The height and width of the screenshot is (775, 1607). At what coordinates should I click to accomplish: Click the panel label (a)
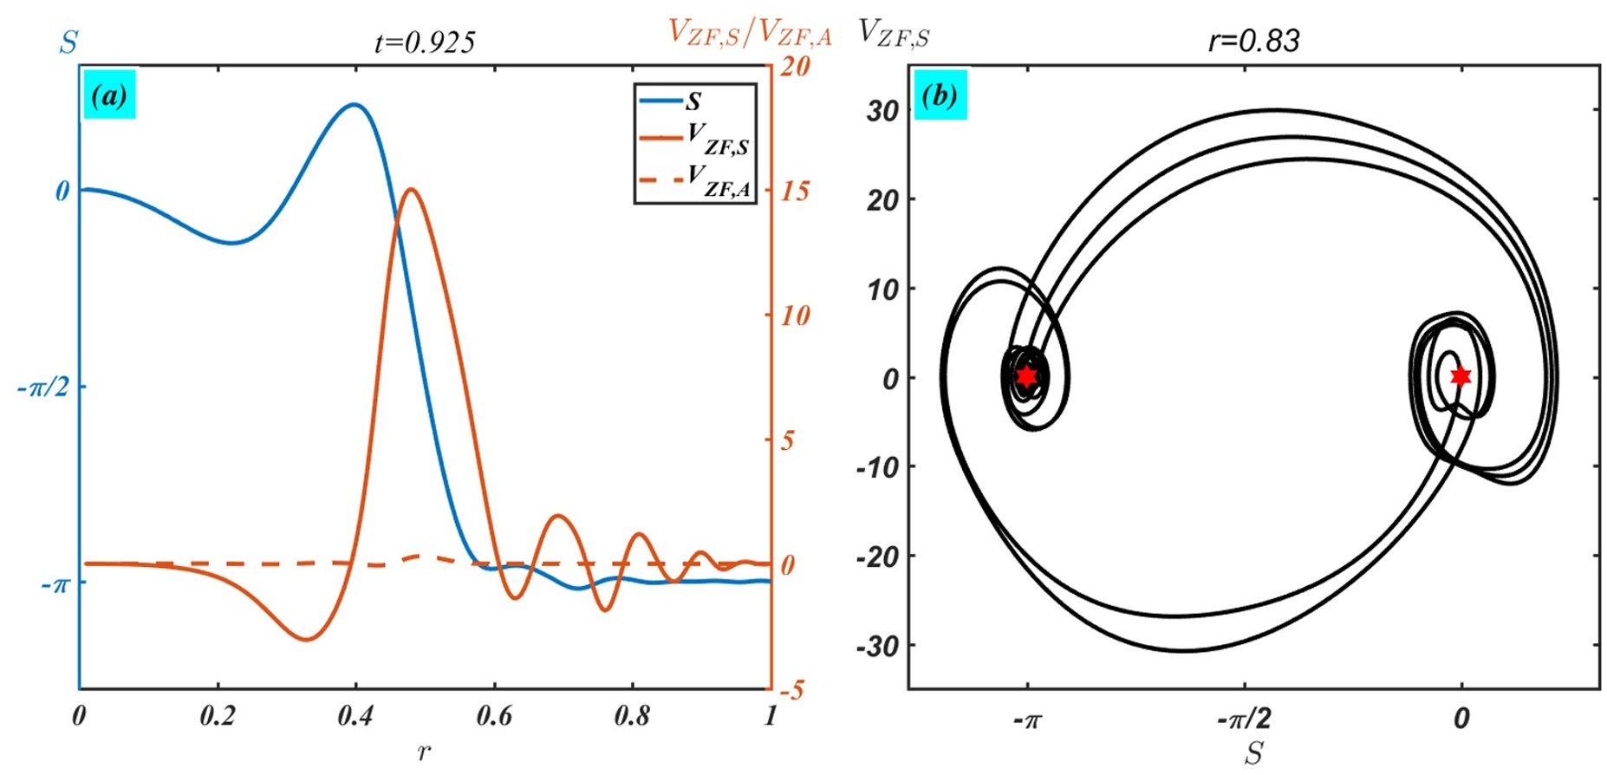tap(110, 96)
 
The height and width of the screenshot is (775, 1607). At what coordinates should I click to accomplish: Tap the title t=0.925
tap(425, 41)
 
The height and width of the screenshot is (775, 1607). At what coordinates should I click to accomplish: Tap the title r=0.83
tap(1253, 40)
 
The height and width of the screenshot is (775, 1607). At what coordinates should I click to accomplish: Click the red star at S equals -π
tap(1027, 376)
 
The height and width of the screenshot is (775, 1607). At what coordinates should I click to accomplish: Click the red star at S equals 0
tap(1461, 376)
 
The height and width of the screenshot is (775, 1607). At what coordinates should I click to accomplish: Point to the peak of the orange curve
tap(411, 189)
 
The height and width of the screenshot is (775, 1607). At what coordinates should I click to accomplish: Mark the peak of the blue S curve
tap(353, 104)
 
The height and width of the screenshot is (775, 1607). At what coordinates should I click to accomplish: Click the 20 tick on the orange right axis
tap(793, 67)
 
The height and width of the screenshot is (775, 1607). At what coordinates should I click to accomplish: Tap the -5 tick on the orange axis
tap(791, 691)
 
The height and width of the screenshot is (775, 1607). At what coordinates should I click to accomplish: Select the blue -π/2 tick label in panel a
tap(42, 387)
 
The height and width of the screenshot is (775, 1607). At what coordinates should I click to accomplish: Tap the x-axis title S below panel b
tap(1253, 752)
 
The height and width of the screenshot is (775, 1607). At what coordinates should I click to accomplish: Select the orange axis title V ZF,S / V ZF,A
tap(751, 32)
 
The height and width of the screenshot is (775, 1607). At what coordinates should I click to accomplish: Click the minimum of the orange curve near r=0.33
tap(307, 640)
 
